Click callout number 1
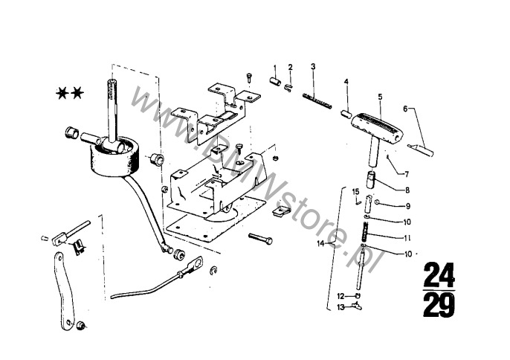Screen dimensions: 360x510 274,68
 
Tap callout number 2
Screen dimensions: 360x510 291,68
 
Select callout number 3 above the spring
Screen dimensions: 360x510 314,67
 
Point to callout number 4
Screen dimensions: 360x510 346,81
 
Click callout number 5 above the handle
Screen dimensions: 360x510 380,97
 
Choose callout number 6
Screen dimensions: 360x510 405,109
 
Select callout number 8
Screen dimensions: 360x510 407,190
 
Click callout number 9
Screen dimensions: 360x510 407,205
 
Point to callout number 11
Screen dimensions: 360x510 407,238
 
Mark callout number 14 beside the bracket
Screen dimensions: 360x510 320,243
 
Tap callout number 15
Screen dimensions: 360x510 355,191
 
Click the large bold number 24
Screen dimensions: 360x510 439,276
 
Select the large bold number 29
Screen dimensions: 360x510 439,303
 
